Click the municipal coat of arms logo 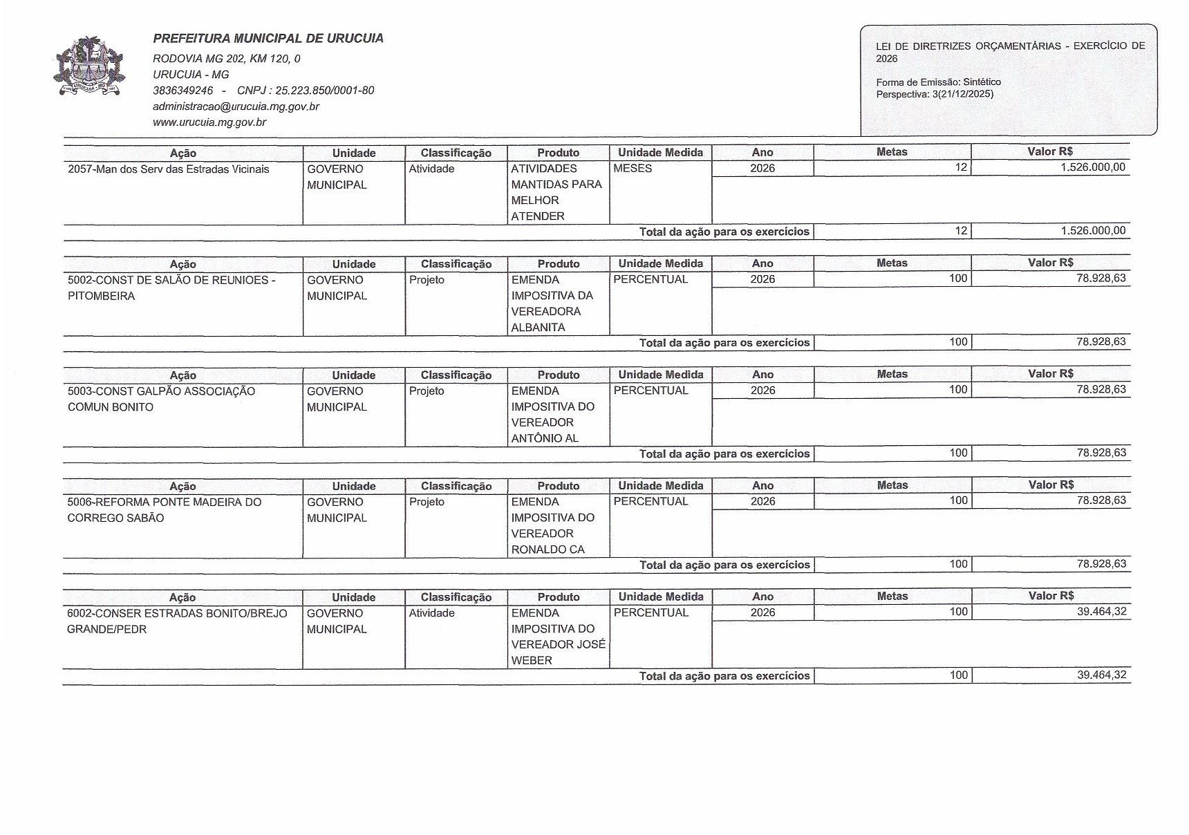point(88,68)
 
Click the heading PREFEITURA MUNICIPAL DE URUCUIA point(268,39)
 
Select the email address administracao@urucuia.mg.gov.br point(236,106)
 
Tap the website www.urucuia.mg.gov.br point(209,122)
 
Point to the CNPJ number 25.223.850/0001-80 point(306,91)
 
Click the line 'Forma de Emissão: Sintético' point(938,82)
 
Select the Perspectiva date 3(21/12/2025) point(962,94)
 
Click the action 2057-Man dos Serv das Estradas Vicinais point(169,169)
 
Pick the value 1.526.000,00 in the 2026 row point(1093,167)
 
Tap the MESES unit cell point(633,169)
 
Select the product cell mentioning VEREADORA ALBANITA point(552,303)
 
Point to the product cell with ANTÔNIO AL point(552,415)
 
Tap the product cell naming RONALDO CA point(552,526)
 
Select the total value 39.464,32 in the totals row point(1101,675)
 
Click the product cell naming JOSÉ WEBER point(558,637)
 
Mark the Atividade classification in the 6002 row point(431,613)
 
